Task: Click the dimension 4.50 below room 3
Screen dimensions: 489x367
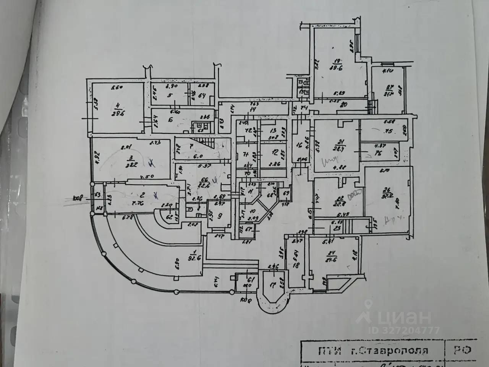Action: [x=144, y=177]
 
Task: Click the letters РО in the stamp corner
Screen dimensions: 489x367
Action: [x=463, y=350]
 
